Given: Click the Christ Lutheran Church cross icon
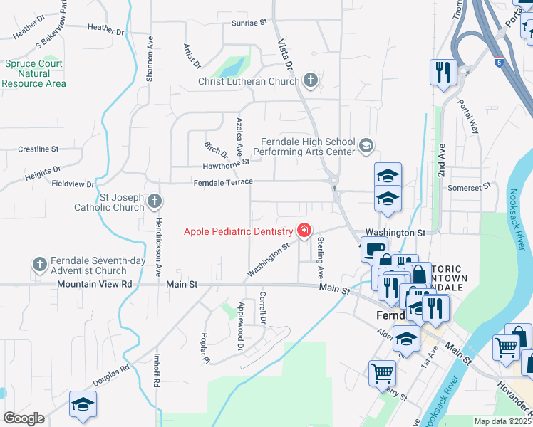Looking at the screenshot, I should [310, 81].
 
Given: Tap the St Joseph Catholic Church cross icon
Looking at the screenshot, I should [153, 202].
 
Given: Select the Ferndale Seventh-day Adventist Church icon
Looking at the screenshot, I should [39, 265].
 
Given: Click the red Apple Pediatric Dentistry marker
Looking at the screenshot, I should [304, 231].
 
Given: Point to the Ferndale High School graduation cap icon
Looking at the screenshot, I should [366, 146].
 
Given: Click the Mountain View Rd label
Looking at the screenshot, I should [96, 283].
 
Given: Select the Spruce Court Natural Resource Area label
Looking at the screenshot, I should [33, 73].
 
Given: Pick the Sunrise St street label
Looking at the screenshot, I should [249, 23].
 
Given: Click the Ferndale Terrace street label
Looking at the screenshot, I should [223, 182].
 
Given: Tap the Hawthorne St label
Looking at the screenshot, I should [226, 162].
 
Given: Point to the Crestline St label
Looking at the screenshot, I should [38, 149].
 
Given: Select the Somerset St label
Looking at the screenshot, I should [469, 186].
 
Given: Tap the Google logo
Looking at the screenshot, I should [24, 418].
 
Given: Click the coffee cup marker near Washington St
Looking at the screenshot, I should [374, 249].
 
